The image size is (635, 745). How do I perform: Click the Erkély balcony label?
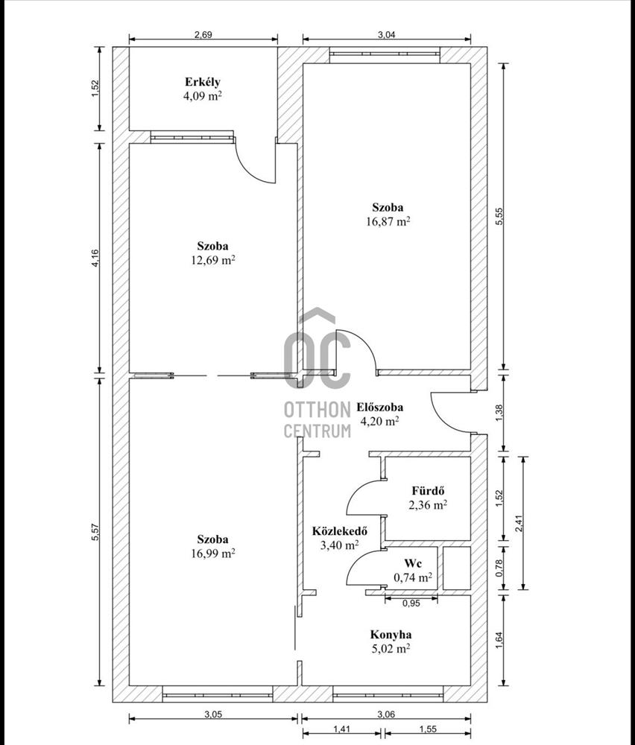pyautogui.click(x=203, y=82)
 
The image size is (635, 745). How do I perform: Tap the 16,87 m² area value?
pyautogui.click(x=388, y=221)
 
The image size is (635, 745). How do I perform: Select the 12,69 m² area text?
pyautogui.click(x=213, y=260)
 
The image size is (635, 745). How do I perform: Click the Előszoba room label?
pyautogui.click(x=380, y=408)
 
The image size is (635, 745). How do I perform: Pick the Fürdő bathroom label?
pyautogui.click(x=429, y=491)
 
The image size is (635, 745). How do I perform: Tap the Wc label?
pyautogui.click(x=413, y=563)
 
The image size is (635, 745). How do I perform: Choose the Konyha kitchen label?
pyautogui.click(x=391, y=634)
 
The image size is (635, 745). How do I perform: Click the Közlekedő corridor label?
pyautogui.click(x=340, y=530)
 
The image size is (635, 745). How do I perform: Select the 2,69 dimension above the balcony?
pyautogui.click(x=203, y=34)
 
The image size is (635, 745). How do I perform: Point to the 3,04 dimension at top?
pyautogui.click(x=386, y=34)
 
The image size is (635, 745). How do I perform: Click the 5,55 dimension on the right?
pyautogui.click(x=499, y=216)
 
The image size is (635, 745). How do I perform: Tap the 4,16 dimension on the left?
pyautogui.click(x=95, y=258)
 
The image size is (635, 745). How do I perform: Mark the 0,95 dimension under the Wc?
pyautogui.click(x=411, y=604)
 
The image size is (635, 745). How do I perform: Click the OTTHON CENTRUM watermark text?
pyautogui.click(x=317, y=419)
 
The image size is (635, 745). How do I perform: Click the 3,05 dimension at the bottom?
pyautogui.click(x=213, y=714)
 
